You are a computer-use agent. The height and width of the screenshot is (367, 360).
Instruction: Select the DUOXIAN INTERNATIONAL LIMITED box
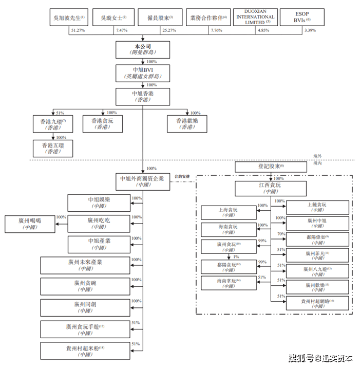click(255, 17)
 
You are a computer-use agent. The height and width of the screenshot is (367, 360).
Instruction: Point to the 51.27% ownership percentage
click(78, 31)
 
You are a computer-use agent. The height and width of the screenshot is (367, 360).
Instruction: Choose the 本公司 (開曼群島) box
click(143, 50)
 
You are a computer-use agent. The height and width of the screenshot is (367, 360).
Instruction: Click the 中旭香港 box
click(143, 97)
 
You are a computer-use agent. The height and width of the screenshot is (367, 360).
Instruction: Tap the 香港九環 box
click(53, 124)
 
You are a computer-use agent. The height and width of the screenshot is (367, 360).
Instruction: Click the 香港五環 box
click(53, 149)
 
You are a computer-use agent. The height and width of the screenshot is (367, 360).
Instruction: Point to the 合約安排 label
click(182, 176)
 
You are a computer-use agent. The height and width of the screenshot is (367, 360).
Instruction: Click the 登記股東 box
click(267, 167)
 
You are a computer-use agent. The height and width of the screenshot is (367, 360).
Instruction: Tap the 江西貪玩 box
click(267, 189)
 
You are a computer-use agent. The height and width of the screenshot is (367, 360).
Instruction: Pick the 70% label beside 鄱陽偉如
click(280, 234)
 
